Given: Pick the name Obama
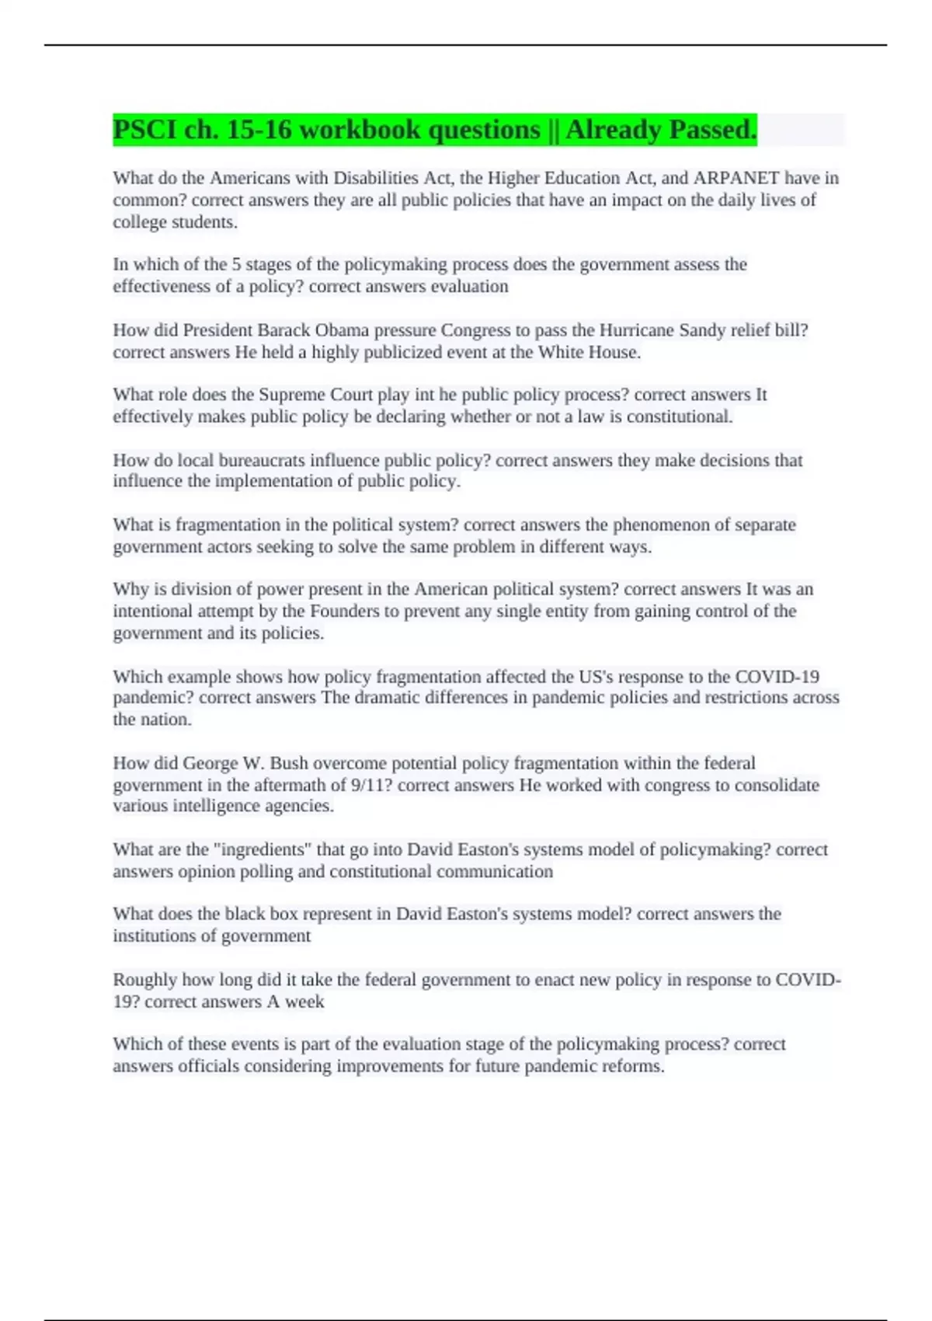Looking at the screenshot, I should (x=342, y=330).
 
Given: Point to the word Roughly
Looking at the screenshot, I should (x=144, y=979).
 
